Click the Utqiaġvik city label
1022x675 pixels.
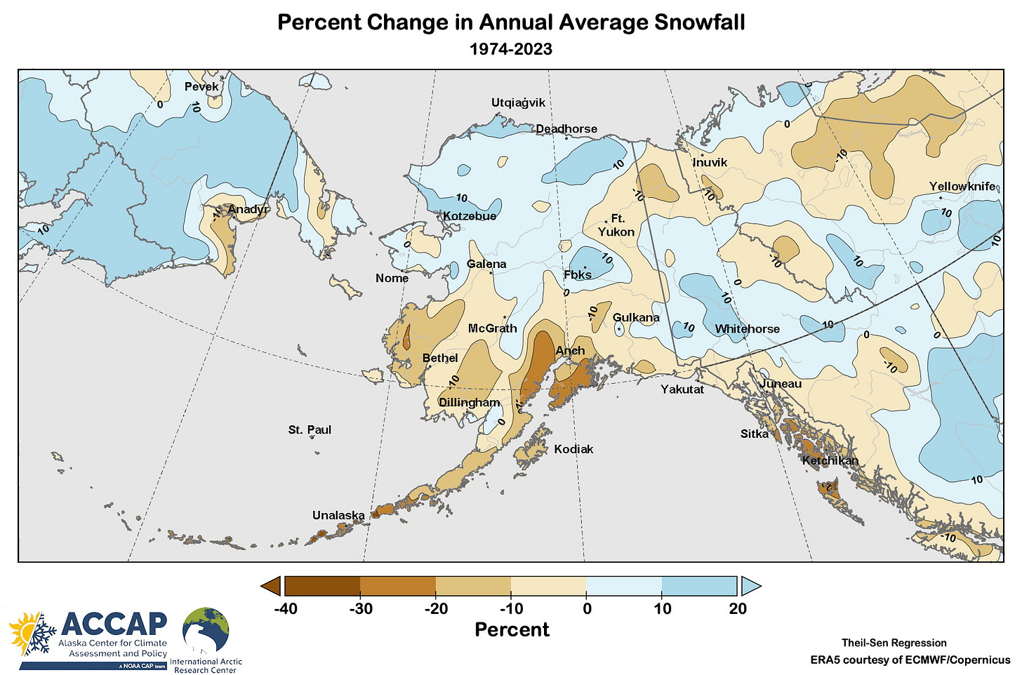point(518,103)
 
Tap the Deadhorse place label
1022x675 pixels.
point(566,129)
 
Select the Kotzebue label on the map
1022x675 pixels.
point(470,216)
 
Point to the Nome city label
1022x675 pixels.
point(392,279)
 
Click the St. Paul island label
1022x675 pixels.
point(310,430)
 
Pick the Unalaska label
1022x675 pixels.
point(338,516)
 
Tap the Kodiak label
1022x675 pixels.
point(573,449)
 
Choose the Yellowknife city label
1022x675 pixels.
point(962,187)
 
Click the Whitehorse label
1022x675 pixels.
point(747,329)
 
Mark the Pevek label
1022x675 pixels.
point(201,87)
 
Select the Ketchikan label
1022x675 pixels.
point(830,461)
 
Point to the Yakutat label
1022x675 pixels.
point(682,389)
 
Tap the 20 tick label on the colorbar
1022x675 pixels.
point(738,609)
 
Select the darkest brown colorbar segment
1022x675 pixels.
point(322,586)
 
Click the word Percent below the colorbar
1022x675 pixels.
point(512,630)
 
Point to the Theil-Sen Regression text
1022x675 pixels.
point(894,643)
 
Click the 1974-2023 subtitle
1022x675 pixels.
point(511,49)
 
